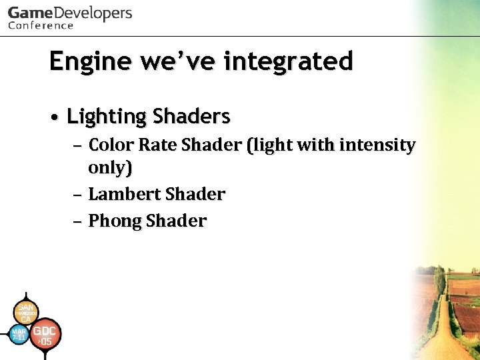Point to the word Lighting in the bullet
pos(107,117)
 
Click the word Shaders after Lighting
pos(191,117)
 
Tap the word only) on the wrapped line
pos(110,168)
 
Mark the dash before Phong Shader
pos(78,221)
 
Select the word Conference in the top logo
pos(41,25)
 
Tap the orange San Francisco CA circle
pos(25,312)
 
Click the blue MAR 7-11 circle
pos(19,334)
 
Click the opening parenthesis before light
pos(250,145)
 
